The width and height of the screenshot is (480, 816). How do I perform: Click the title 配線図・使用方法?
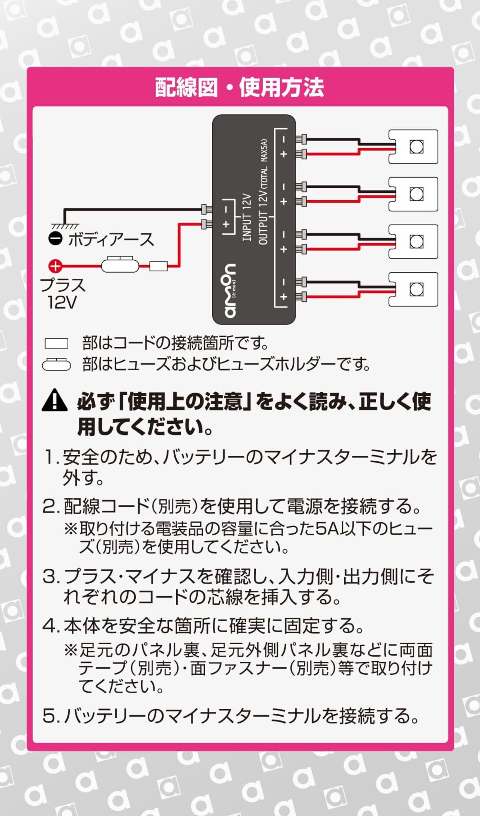240,87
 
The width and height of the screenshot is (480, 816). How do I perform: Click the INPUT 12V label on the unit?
246,217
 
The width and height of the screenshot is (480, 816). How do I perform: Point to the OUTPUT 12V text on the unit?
264,217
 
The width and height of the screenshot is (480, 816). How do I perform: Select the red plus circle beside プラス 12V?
55,266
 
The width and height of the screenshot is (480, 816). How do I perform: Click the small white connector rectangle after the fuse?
158,266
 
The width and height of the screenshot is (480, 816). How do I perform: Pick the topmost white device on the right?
413,147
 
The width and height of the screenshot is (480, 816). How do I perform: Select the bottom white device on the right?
413,289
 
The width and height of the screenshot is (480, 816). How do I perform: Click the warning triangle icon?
55,400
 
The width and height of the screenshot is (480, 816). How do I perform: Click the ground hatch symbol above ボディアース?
65,226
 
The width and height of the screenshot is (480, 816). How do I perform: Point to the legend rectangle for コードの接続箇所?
56,343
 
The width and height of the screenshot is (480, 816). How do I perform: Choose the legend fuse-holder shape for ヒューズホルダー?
56,365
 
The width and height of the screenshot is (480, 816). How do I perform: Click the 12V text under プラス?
62,302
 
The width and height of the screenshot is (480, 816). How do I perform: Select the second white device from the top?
413,194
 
